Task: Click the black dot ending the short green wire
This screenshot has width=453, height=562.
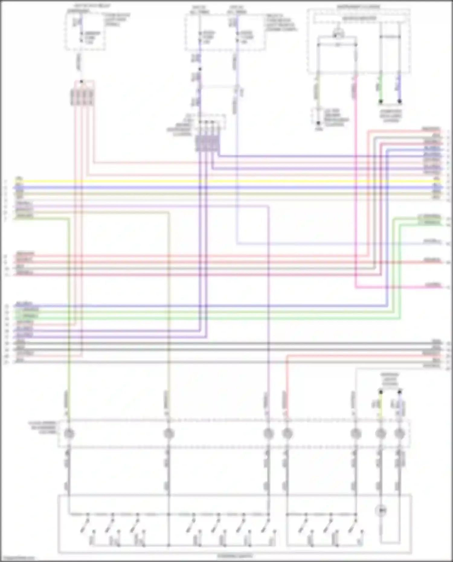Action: point(381,102)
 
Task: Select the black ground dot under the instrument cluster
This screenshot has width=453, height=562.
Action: point(318,123)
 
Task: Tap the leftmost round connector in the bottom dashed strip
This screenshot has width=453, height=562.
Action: point(69,434)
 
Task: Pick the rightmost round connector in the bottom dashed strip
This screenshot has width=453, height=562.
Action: point(400,434)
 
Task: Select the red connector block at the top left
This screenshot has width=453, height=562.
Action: point(82,97)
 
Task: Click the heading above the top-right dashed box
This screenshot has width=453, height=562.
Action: point(358,6)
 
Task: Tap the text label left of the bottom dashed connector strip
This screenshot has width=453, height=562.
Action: point(42,428)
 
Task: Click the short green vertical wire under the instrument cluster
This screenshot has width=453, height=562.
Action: point(381,88)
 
